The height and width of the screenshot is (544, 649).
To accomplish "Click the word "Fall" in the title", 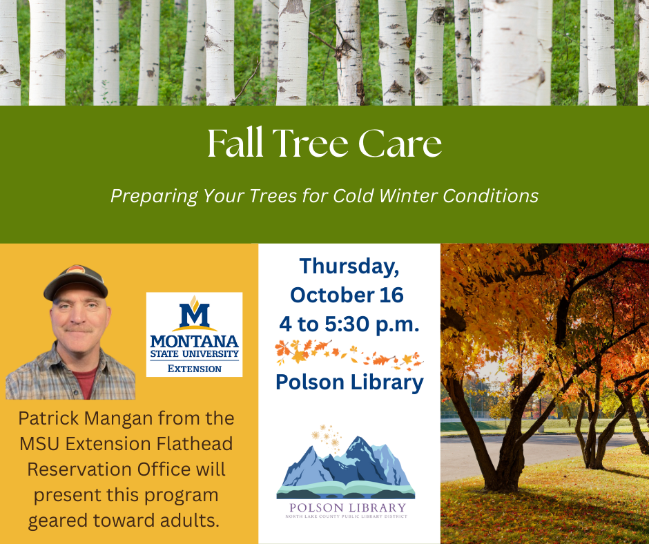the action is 235,143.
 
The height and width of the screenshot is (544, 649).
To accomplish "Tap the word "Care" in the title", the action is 400,144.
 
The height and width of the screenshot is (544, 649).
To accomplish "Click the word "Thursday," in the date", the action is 349,266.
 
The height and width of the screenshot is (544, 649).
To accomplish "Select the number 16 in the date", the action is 391,295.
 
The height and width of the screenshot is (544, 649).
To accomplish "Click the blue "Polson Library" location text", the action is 350,382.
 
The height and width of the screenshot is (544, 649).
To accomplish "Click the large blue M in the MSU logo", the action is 195,315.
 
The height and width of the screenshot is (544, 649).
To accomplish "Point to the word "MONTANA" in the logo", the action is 195,342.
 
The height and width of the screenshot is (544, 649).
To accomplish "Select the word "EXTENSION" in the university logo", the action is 195,369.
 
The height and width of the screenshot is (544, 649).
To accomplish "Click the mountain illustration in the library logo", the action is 346,467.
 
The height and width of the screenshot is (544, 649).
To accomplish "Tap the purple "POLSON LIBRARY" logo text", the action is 348,507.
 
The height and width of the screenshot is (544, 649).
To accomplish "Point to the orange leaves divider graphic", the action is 349,354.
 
